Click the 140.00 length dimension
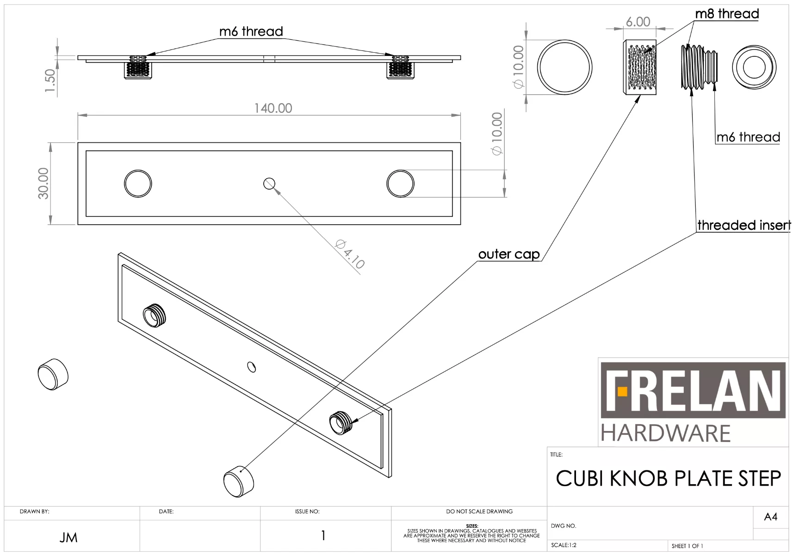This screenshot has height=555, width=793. pyautogui.click(x=273, y=108)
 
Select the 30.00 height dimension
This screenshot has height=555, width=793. pyautogui.click(x=43, y=184)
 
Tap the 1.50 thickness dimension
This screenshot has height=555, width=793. pyautogui.click(x=50, y=80)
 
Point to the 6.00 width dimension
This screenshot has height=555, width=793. pyautogui.click(x=638, y=22)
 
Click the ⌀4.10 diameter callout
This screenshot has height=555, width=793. pyautogui.click(x=350, y=254)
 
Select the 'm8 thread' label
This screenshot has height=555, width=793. pyautogui.click(x=726, y=14)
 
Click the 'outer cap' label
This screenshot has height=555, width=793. pyautogui.click(x=509, y=254)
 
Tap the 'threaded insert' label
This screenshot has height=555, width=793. pyautogui.click(x=743, y=225)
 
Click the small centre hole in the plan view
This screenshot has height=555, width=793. pyautogui.click(x=269, y=184)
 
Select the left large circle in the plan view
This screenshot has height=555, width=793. pyautogui.click(x=138, y=184)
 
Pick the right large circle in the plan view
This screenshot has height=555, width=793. pyautogui.click(x=400, y=184)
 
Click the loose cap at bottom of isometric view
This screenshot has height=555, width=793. pyautogui.click(x=239, y=481)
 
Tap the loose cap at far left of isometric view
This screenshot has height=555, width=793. pyautogui.click(x=53, y=374)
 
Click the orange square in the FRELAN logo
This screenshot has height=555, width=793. pyautogui.click(x=622, y=392)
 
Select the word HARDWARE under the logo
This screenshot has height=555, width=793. pyautogui.click(x=665, y=433)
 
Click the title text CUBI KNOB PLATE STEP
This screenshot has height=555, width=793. pyautogui.click(x=668, y=478)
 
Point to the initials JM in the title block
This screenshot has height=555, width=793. pyautogui.click(x=68, y=537)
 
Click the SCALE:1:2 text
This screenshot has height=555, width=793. pyautogui.click(x=564, y=545)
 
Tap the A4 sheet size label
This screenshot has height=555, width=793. pyautogui.click(x=770, y=517)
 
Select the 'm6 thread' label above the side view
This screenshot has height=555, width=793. pyautogui.click(x=251, y=31)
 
